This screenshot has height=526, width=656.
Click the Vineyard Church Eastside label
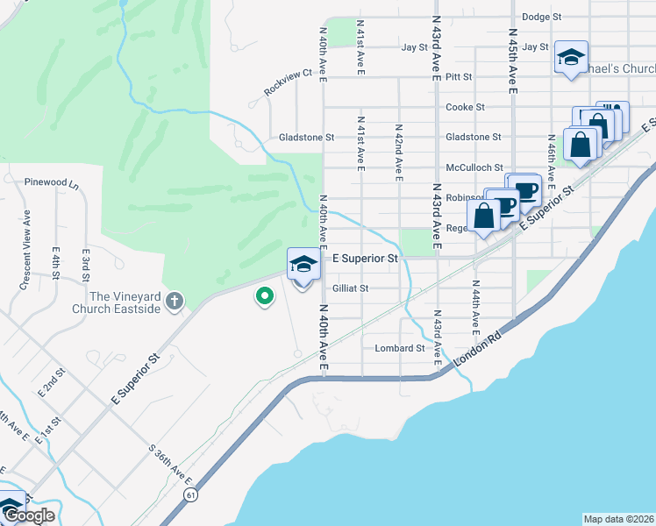click(125, 302)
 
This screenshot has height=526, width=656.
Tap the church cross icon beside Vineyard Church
click(175, 302)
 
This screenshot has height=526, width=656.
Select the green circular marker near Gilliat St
click(263, 297)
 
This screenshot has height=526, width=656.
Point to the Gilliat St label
click(351, 288)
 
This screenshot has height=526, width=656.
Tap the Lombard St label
click(399, 348)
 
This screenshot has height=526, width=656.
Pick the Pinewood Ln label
click(53, 185)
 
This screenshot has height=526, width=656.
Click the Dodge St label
click(541, 17)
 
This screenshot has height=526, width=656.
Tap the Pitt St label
click(459, 77)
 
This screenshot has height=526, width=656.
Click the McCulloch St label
click(474, 167)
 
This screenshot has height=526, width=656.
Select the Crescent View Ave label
click(26, 250)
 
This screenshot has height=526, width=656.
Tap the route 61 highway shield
click(190, 495)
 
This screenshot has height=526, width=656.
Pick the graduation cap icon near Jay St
click(571, 58)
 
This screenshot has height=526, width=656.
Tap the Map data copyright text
click(618, 519)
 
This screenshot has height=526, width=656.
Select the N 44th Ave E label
click(476, 307)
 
